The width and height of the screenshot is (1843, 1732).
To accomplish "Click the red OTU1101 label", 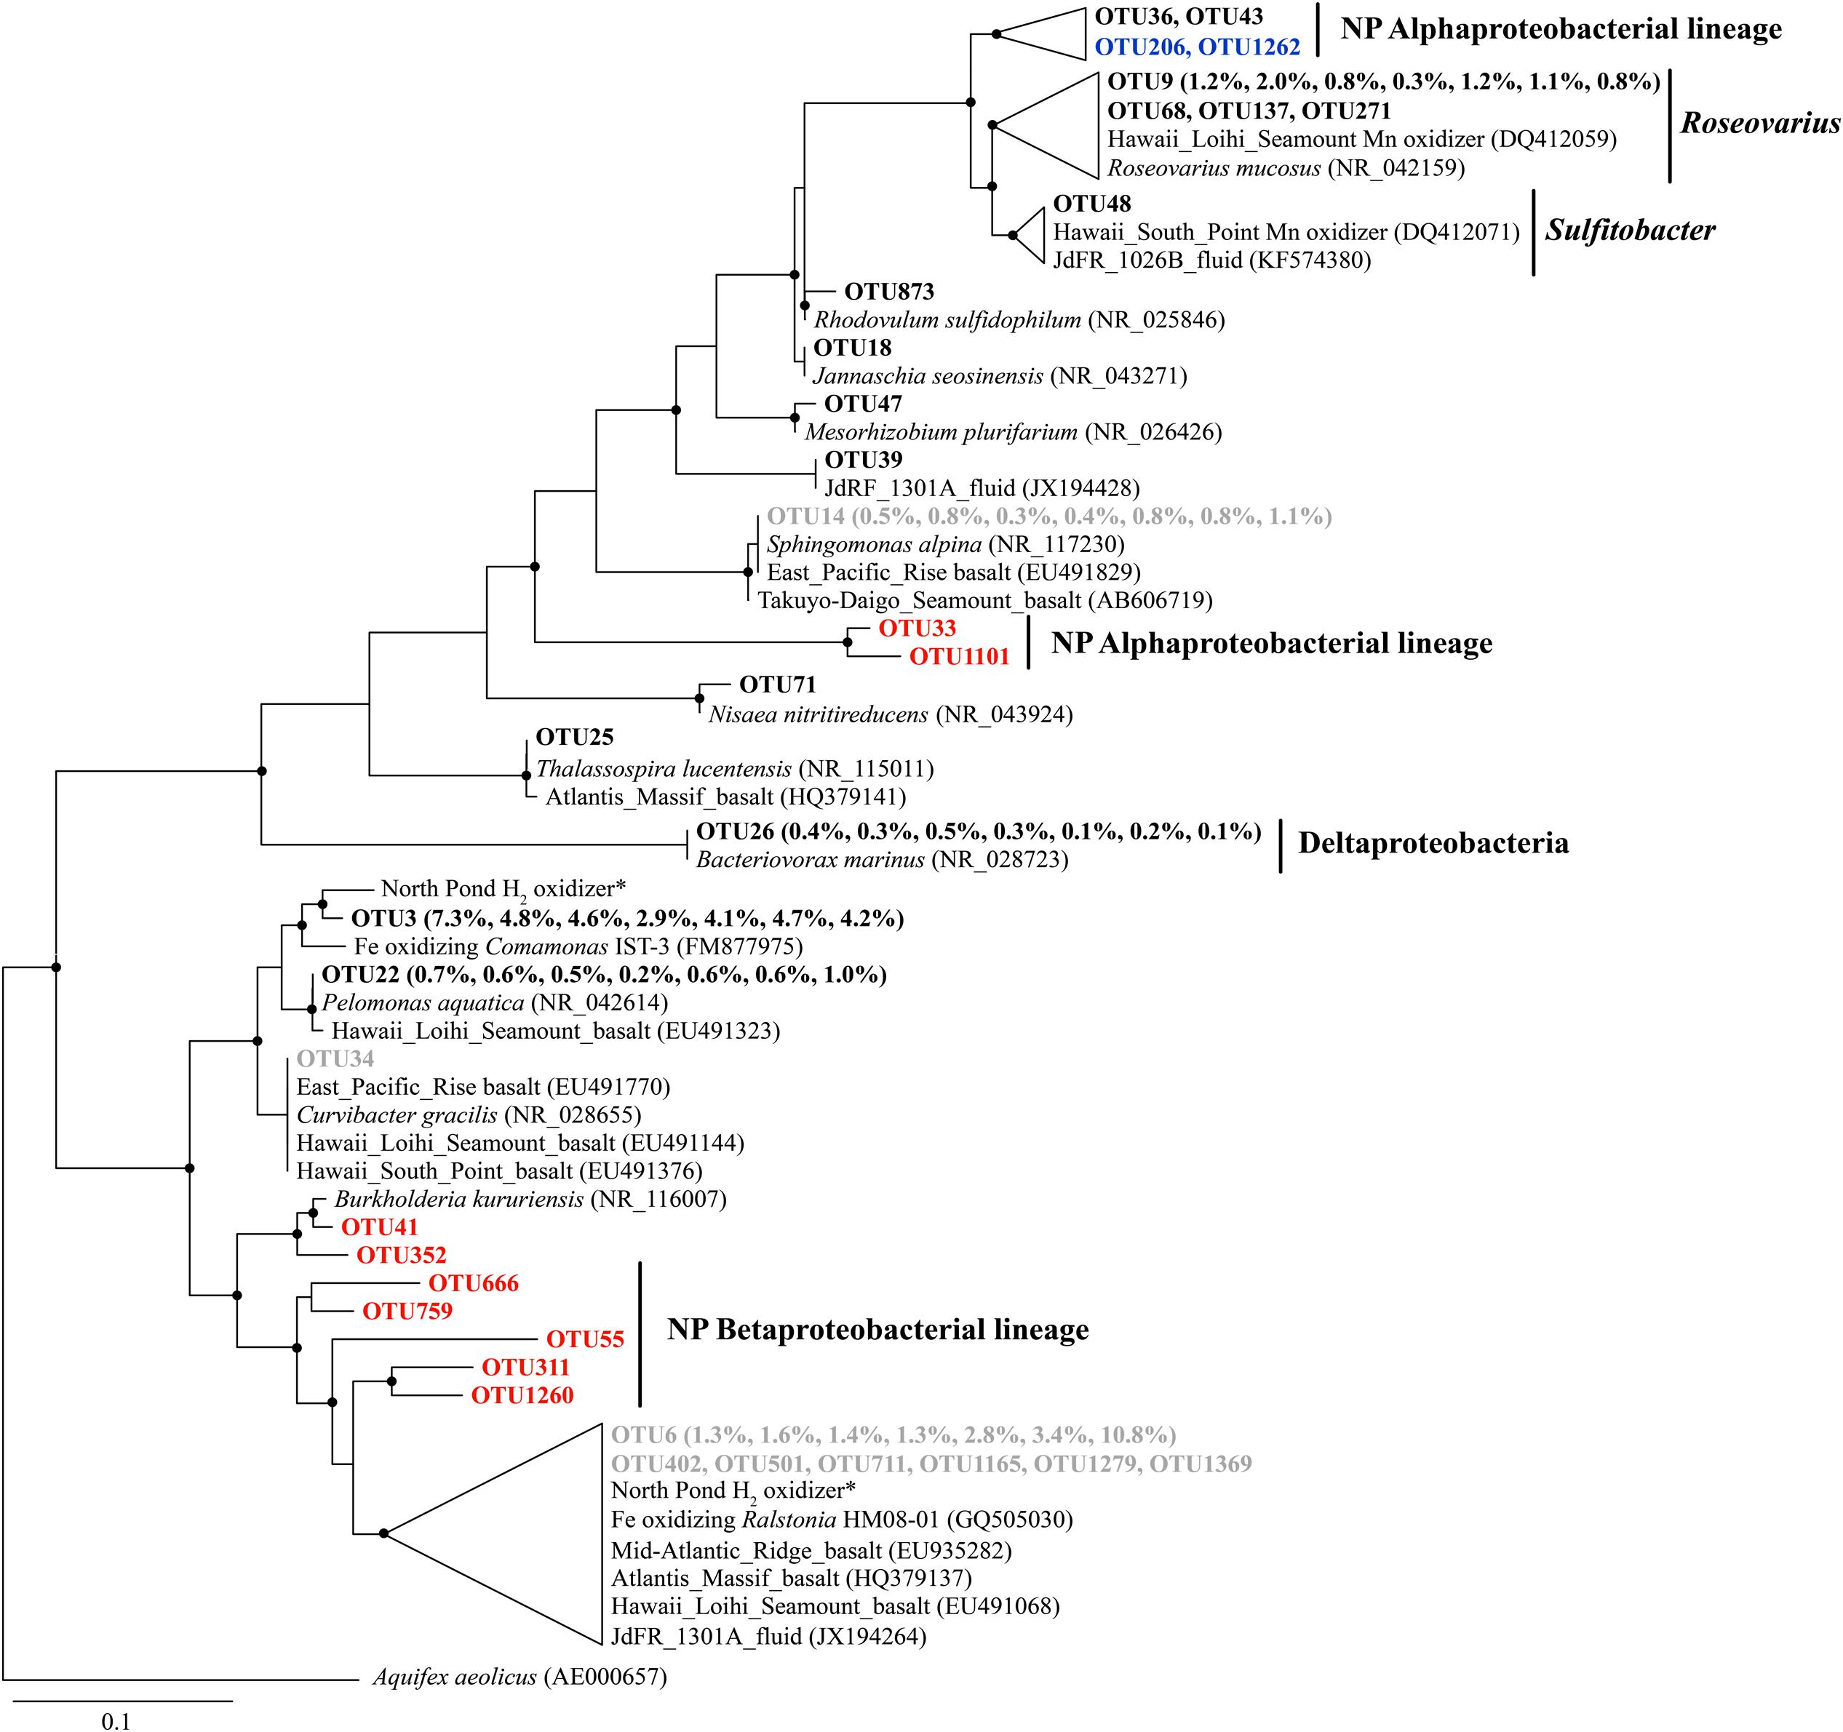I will [958, 657].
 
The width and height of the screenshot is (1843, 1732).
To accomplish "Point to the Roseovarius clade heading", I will [1759, 123].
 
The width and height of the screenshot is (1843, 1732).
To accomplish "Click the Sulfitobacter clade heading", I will [1630, 231].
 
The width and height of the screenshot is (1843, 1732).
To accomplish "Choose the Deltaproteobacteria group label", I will [1433, 843].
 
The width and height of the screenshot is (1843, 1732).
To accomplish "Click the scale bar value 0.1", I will [116, 1723].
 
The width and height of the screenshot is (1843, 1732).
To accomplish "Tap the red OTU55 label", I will [585, 1339].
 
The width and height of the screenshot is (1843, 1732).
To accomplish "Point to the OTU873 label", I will [889, 292].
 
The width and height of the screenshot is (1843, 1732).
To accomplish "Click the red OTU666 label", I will [473, 1283].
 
